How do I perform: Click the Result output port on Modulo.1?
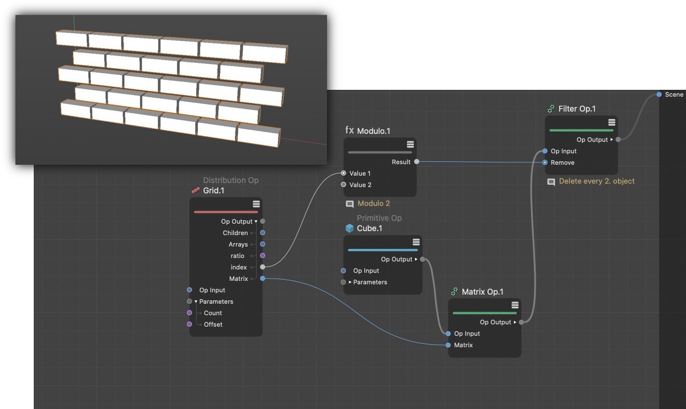pos(417,162)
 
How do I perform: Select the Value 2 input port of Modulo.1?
pos(344,184)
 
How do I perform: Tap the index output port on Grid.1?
pos(262,267)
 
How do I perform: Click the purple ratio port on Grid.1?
pos(262,256)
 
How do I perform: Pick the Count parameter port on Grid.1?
pos(189,313)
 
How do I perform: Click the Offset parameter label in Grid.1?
pos(213,324)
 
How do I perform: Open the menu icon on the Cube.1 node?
pos(416,242)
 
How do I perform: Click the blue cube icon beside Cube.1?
pos(349,228)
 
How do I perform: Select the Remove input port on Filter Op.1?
pos(545,162)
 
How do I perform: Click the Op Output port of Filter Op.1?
pos(618,140)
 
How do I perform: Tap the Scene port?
pos(659,94)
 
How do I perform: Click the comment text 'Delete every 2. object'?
pos(597,181)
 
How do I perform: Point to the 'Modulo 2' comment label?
pos(374,204)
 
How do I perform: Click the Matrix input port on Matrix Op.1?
pos(448,345)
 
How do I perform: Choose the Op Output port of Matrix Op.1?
pos(521,322)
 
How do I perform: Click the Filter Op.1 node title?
pos(577,109)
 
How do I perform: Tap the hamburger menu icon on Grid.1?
pos(256,204)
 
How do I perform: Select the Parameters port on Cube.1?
pos(344,282)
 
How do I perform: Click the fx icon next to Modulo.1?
pos(349,130)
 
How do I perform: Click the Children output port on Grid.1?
pos(262,233)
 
